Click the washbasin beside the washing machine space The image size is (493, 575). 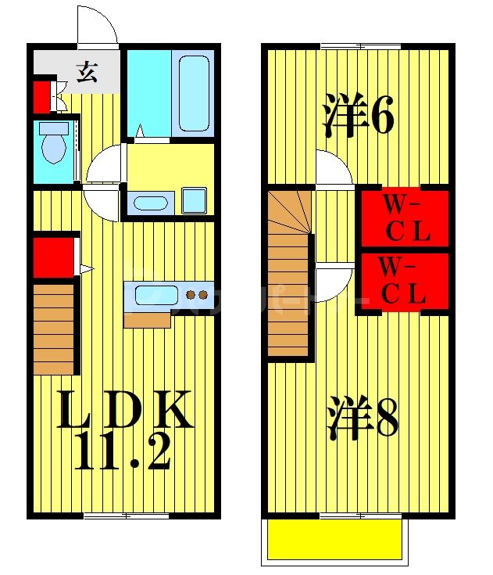149,203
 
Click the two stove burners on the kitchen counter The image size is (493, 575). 196,296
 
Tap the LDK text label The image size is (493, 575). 125,410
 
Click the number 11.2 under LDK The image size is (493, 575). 123,451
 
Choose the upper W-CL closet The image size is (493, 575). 403,218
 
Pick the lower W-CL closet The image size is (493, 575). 403,281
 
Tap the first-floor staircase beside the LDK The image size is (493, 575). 54,329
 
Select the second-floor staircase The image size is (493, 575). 289,274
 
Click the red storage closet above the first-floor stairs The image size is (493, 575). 53,257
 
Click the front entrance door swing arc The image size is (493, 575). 97,25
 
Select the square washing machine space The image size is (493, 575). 193,200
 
